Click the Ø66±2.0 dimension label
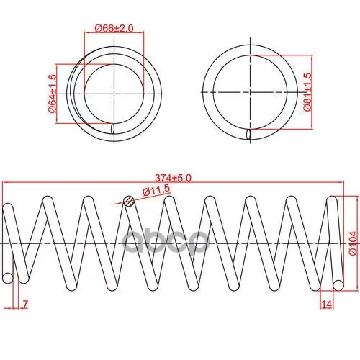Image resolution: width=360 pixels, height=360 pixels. click(114, 28)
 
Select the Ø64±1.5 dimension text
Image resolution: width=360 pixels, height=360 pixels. click(53, 94)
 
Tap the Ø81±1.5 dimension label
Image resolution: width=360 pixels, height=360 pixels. click(307, 91)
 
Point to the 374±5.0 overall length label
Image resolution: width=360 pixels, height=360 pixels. click(173, 178)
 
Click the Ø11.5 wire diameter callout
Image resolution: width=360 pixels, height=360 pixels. click(156, 189)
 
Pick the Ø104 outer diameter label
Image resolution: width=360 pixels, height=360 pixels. click(353, 243)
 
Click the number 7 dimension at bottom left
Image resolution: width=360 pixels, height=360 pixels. click(25, 305)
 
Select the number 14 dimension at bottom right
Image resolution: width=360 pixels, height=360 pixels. click(326, 305)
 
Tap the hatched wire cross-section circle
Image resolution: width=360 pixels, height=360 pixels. click(129, 201)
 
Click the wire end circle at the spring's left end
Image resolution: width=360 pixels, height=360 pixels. click(8, 278)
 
